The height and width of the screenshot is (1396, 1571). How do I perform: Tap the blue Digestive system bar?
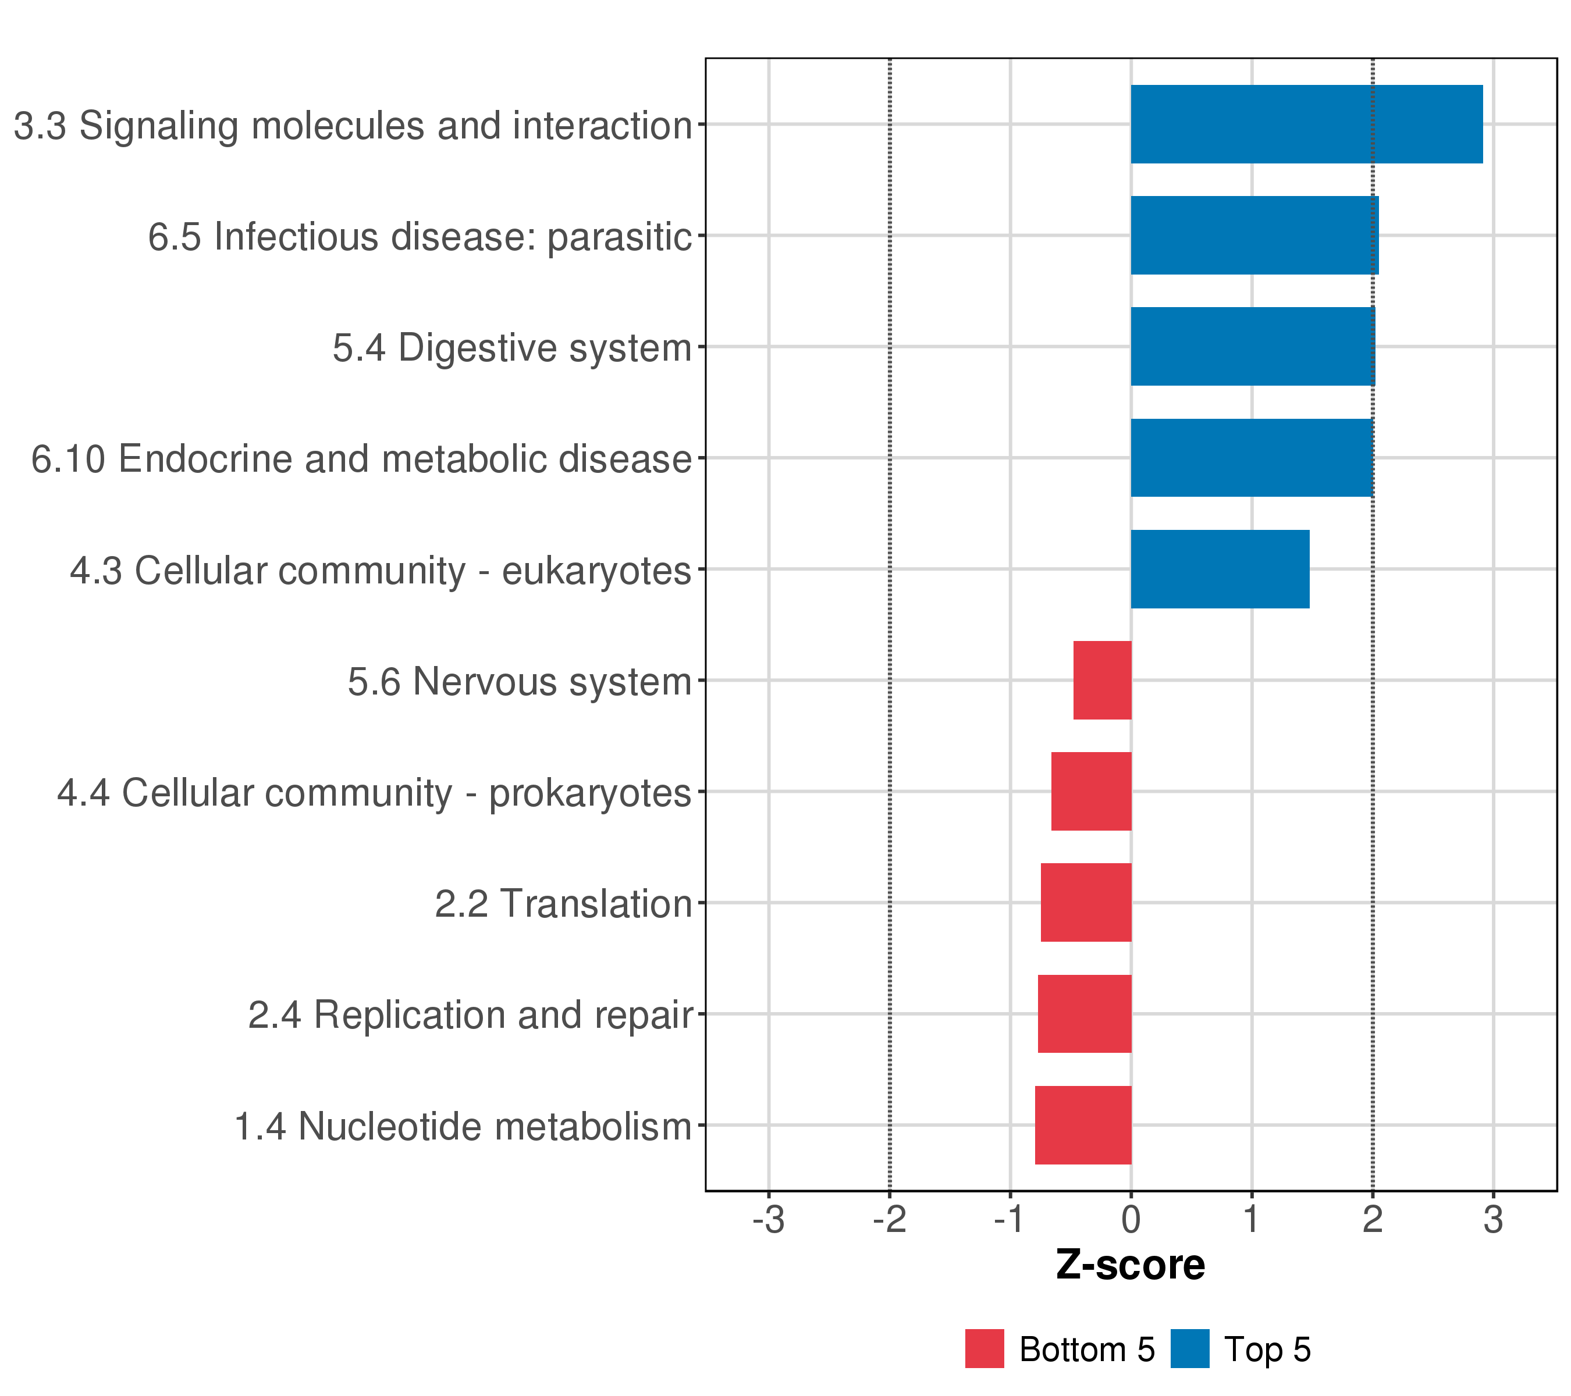click(1252, 347)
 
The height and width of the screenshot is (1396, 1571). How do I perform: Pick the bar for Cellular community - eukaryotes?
click(1220, 569)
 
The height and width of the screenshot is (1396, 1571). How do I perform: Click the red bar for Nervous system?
click(1102, 680)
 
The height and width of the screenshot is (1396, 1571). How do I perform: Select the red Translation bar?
click(1085, 903)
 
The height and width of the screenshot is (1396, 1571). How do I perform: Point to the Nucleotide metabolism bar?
click(1083, 1125)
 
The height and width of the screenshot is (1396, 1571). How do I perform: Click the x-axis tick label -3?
click(768, 1220)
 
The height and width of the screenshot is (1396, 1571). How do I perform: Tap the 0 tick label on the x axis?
click(1131, 1220)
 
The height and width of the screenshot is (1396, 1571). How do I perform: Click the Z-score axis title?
click(1130, 1265)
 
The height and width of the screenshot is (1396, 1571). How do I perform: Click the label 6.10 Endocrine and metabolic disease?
click(361, 459)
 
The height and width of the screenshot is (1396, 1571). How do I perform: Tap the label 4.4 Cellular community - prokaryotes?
click(374, 792)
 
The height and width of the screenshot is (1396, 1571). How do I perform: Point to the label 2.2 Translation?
click(563, 903)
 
